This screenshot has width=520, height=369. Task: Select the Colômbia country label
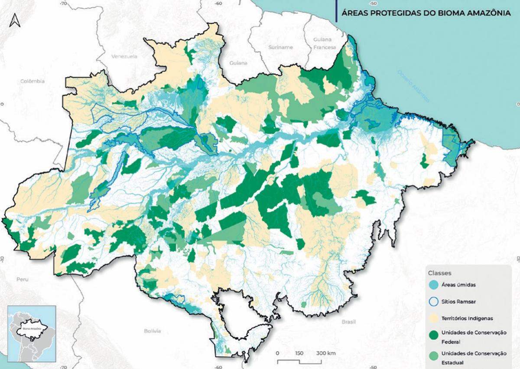[x=32, y=81]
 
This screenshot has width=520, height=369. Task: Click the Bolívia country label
[x=153, y=331]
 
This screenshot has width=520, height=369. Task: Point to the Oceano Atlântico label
[x=413, y=87]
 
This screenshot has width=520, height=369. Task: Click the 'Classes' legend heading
[x=440, y=273]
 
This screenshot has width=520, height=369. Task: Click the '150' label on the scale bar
[x=299, y=353]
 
